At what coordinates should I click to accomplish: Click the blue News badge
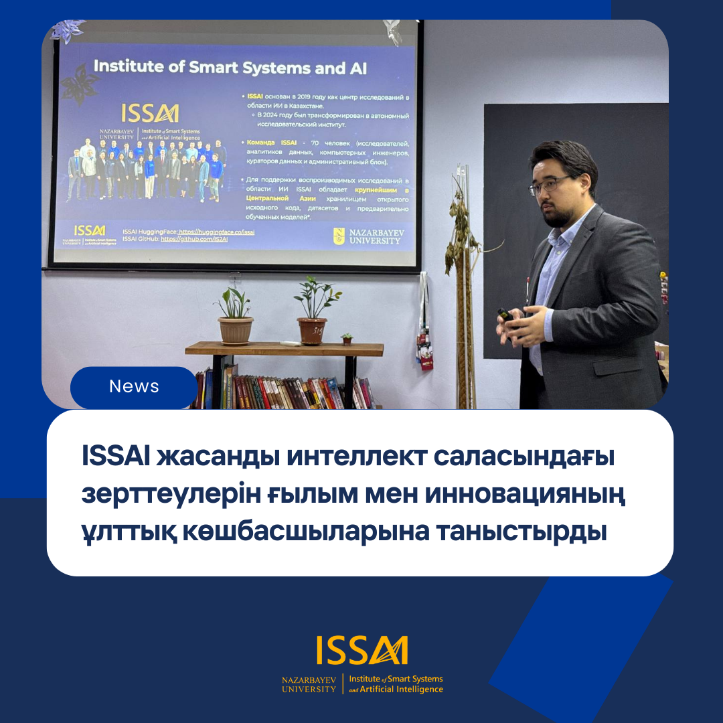134,387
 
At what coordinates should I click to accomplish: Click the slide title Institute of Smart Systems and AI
230,67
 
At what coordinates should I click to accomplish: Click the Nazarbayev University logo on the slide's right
369,236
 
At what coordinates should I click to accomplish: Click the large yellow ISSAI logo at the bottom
362,650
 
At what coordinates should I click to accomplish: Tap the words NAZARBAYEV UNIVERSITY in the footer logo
309,684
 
